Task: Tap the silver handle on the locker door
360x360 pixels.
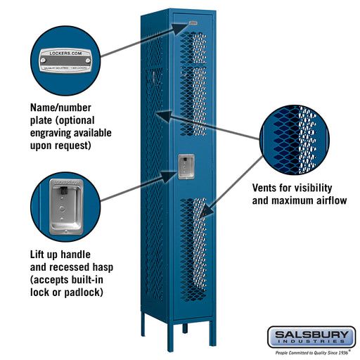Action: click(x=186, y=167)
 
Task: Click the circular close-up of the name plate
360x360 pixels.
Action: click(x=65, y=58)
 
